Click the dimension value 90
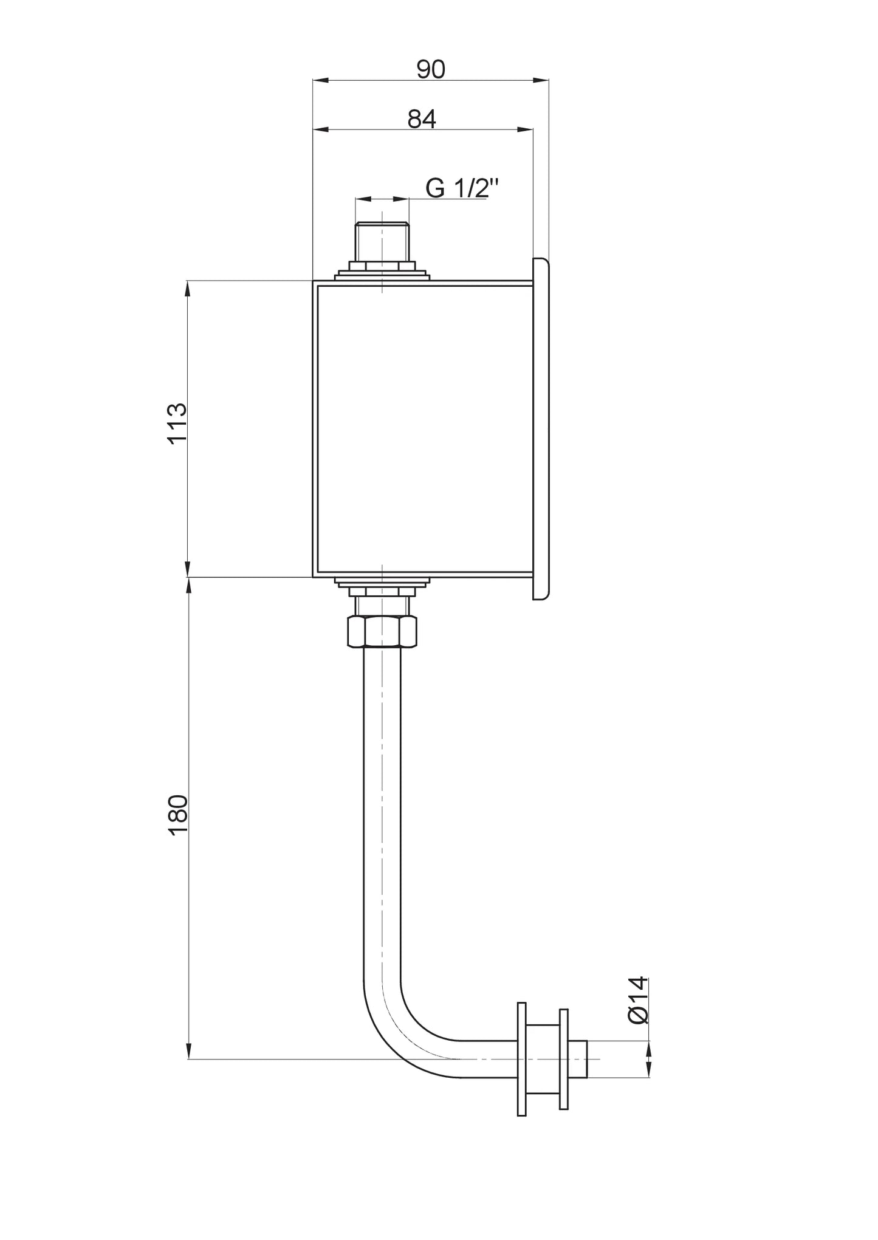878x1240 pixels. point(431,70)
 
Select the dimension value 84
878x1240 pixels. point(422,120)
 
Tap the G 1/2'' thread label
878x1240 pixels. point(462,188)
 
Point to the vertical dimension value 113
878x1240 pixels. point(177,423)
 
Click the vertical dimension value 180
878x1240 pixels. point(177,816)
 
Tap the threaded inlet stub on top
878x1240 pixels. point(382,242)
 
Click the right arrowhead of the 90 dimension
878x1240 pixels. point(541,80)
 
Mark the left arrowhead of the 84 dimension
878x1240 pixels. point(320,129)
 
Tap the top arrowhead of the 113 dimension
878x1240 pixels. point(188,288)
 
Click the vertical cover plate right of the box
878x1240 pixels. point(541,428)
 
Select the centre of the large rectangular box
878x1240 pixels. point(424,428)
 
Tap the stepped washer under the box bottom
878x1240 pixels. point(382,584)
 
